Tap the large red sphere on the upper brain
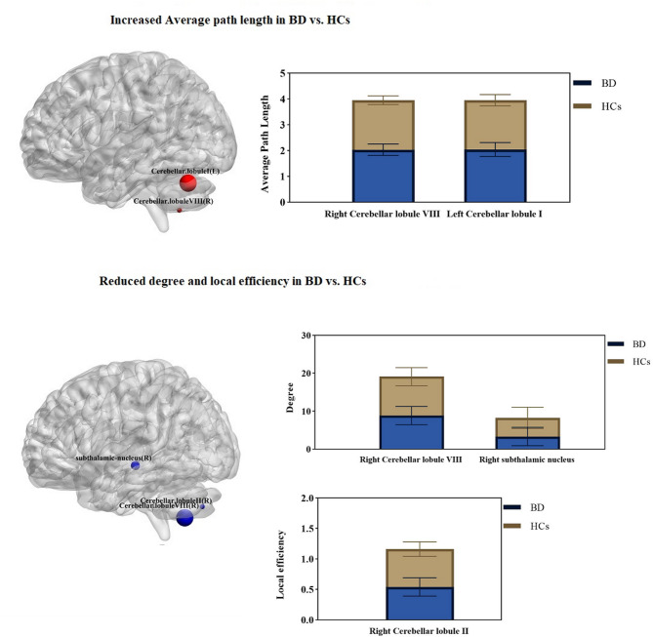189,183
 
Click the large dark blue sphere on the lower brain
185,516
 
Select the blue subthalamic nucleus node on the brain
136,466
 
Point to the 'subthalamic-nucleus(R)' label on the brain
113,458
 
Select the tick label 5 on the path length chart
284,73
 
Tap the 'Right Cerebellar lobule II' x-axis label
419,631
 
